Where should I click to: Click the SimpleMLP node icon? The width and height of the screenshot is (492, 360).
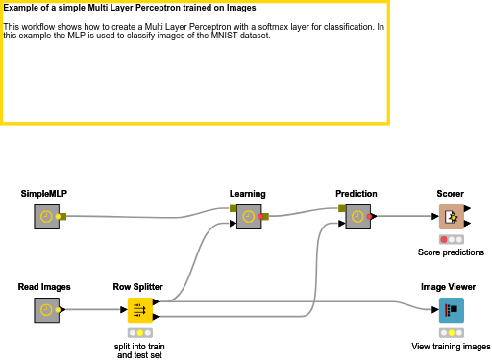(45, 217)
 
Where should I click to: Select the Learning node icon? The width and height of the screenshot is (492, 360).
(248, 217)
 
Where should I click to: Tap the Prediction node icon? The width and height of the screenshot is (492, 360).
(357, 217)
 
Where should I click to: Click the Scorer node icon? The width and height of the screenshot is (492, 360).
(451, 217)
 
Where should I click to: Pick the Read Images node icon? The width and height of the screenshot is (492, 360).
(45, 309)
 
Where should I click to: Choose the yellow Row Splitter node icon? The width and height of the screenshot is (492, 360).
(139, 309)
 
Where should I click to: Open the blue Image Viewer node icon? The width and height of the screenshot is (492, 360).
(451, 309)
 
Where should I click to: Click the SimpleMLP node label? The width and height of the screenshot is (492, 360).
(44, 194)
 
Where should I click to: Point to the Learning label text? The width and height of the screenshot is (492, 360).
(248, 194)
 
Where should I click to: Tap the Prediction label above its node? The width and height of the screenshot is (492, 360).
(357, 194)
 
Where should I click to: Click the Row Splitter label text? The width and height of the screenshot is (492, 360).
(138, 286)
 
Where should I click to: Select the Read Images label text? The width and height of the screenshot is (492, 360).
(44, 286)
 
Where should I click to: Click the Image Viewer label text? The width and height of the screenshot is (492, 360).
(449, 286)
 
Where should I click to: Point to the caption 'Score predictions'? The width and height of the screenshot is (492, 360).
(451, 252)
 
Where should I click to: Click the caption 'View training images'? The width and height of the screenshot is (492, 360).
(451, 346)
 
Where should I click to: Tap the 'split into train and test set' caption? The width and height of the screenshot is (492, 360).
(139, 349)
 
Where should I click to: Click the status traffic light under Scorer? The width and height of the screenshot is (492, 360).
(451, 239)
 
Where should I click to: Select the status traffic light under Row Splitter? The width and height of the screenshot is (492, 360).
(139, 332)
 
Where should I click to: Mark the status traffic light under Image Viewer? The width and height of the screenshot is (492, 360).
(451, 332)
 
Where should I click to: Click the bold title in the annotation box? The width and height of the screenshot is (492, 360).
(130, 8)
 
